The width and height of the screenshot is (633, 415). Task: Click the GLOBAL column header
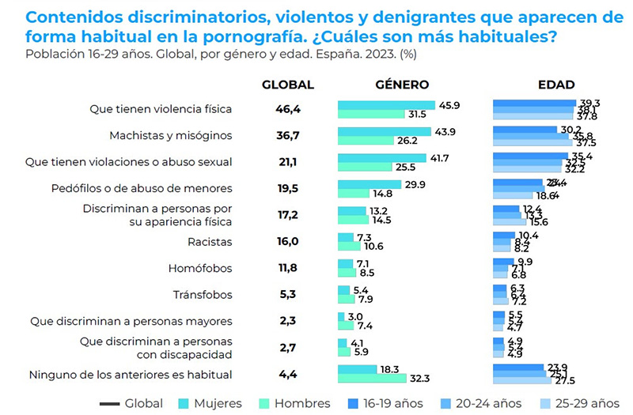288,85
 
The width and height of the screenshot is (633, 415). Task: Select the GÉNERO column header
402,85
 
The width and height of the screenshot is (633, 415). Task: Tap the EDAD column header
555,85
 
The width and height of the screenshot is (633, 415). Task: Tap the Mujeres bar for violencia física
386,105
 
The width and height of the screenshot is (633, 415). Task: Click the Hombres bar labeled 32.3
371,379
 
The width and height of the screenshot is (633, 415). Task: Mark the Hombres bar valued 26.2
366,141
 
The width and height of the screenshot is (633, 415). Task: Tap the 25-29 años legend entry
578,403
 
